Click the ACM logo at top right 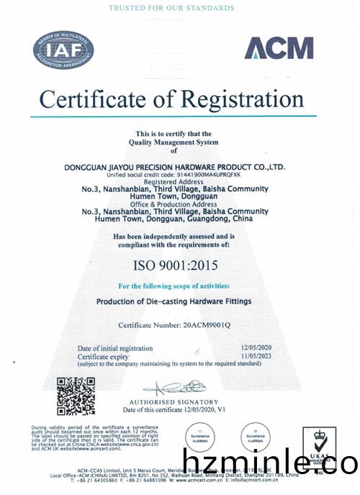click(279, 47)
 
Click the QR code click(76, 396)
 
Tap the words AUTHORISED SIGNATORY click(174, 401)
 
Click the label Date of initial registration click(114, 348)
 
